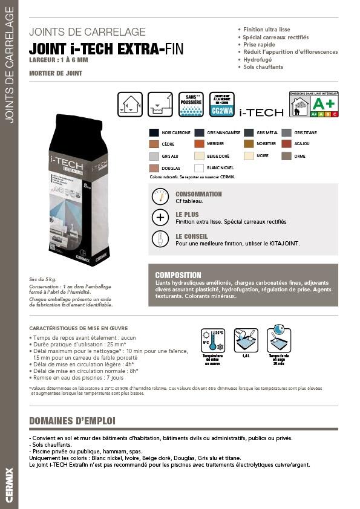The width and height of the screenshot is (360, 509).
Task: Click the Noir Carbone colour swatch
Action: coord(154,132)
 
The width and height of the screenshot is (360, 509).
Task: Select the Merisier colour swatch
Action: coord(199,144)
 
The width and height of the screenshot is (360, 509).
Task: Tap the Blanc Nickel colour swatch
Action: coord(199,168)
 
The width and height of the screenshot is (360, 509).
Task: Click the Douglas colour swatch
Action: coord(154,168)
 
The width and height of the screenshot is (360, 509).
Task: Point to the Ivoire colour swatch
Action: coord(249,156)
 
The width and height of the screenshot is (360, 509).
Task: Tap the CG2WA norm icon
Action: coord(221,105)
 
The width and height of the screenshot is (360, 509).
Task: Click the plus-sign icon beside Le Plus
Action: coord(160,218)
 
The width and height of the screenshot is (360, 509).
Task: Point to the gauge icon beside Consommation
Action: coord(160,197)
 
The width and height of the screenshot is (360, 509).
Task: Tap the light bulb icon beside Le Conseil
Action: coord(160,239)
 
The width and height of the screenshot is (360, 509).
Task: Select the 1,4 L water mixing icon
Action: coord(246,341)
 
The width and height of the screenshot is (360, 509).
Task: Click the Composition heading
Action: coord(178,275)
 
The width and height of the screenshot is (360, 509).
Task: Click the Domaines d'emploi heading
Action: coord(72,421)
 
